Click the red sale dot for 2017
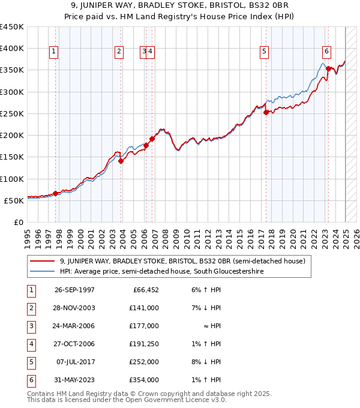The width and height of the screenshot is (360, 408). point(266,112)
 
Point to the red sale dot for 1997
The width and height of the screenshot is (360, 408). point(55,193)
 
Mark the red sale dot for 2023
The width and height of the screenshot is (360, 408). point(328,68)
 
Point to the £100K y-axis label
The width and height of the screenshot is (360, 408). point(12,179)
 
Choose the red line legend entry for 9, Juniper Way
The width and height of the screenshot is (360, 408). point(183,261)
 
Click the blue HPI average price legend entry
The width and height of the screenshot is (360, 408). point(161,271)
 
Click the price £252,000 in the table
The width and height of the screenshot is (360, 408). point(145,362)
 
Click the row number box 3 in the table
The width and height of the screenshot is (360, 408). point(29,326)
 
